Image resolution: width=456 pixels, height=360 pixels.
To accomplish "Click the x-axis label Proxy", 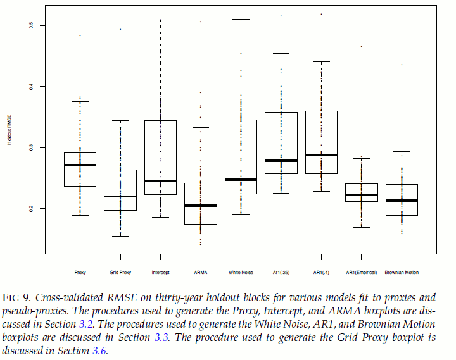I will tap(80, 272).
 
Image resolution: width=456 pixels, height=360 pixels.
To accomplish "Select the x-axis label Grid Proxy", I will tap(120, 272).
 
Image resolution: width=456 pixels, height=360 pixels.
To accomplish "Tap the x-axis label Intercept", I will tap(160, 272).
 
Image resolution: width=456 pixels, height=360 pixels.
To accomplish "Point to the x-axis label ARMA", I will tap(200, 272).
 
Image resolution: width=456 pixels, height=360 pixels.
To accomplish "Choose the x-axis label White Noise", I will tap(241, 272).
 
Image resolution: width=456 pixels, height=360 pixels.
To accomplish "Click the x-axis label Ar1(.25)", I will tap(281, 272).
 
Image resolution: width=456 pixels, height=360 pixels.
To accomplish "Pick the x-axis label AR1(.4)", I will tap(321, 272).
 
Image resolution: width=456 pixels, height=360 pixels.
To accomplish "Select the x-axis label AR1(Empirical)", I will tap(361, 272).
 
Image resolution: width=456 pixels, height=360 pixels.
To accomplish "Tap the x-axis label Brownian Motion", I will tap(402, 272).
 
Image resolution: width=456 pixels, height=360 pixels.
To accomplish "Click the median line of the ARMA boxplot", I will tap(200, 206).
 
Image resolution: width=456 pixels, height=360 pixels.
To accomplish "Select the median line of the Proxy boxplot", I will tap(80, 165).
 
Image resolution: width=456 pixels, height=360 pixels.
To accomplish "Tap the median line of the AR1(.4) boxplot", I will tap(321, 155).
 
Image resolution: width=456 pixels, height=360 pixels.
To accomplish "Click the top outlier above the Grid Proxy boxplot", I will tap(120, 29).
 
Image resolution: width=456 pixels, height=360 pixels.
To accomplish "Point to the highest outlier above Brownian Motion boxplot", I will tap(402, 65).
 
